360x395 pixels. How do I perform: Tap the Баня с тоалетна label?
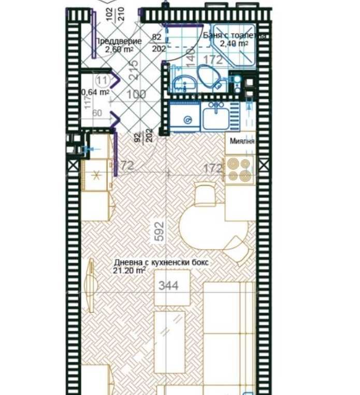pos(236,36)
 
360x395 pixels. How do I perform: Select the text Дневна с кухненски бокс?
pos(161,262)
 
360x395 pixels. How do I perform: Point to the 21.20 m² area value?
pos(130,270)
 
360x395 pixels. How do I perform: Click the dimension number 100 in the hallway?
pos(136,94)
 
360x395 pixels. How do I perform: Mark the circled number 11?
pos(102,80)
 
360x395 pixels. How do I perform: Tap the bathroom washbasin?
pos(182,83)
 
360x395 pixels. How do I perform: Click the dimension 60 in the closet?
pos(97,113)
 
